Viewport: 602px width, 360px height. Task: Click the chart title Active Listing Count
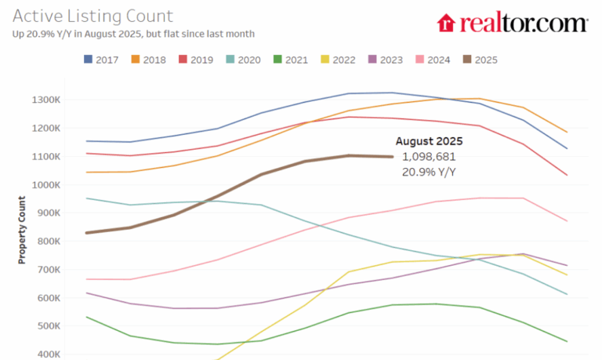coord(92,16)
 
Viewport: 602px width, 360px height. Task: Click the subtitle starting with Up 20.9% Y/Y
coord(133,34)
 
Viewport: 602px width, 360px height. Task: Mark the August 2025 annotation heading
coord(429,142)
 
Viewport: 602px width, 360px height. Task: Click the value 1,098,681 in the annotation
coord(429,156)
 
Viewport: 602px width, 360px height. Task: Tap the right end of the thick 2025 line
coord(393,157)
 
